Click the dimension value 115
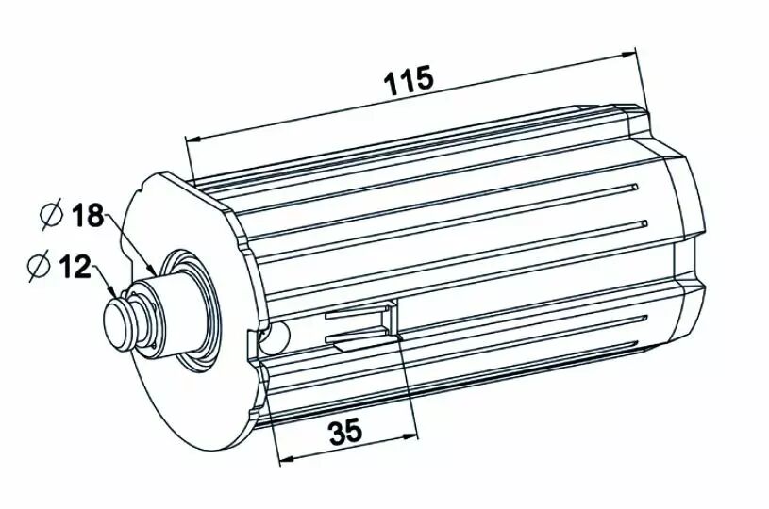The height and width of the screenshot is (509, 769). (x=409, y=80)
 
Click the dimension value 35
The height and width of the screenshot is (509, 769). (x=345, y=431)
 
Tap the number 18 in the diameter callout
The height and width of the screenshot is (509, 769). (x=88, y=215)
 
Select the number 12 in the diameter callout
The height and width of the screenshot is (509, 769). (x=75, y=267)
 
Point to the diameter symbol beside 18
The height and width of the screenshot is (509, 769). (x=52, y=214)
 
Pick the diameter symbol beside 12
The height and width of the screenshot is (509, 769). (x=39, y=266)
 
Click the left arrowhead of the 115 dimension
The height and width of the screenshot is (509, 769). (x=193, y=140)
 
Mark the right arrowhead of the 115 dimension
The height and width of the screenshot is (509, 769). (x=628, y=55)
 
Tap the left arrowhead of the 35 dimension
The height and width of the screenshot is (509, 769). (x=287, y=459)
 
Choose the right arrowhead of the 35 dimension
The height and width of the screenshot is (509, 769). (x=409, y=435)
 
